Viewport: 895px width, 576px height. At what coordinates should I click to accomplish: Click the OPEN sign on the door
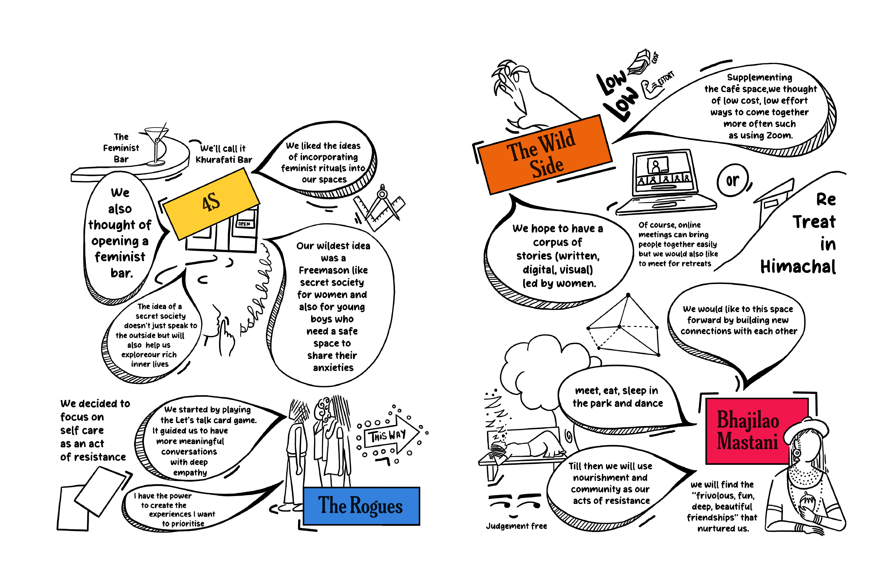coord(244,224)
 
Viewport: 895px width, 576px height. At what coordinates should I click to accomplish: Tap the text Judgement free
coord(516,526)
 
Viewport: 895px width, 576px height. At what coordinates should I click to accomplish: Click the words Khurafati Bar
coord(224,160)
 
